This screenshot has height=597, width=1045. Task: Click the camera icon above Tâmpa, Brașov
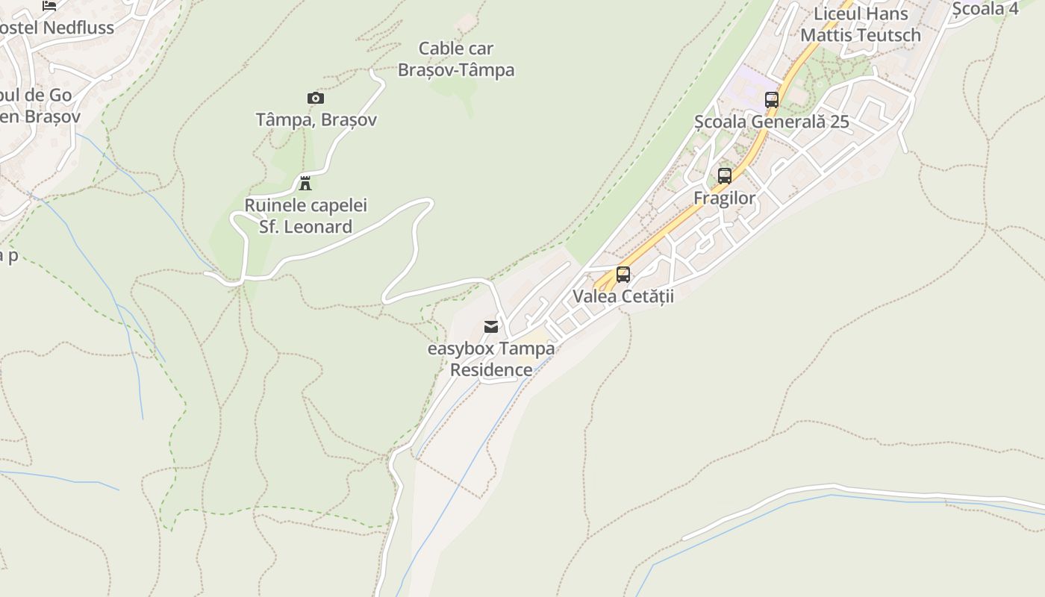coord(316,98)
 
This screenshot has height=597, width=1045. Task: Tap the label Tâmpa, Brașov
coord(316,119)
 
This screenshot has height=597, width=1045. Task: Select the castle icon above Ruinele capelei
coord(305,183)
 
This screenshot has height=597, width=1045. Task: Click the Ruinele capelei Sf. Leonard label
coord(306,216)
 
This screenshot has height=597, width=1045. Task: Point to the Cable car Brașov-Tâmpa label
coord(456,59)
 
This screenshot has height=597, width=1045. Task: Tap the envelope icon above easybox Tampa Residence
coord(491,327)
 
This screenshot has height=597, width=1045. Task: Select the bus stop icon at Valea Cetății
coord(623,274)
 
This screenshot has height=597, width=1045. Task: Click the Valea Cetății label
coord(623,296)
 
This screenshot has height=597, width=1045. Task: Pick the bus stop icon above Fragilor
coord(725,176)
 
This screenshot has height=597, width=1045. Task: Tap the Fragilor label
coord(725,198)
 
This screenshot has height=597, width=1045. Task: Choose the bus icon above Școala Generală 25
coord(772,99)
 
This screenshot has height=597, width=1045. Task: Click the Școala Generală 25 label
coord(772,121)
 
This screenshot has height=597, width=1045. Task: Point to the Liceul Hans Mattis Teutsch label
coord(861,24)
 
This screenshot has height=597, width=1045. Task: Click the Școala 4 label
coord(985,8)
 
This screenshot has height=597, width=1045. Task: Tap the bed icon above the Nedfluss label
coord(49,5)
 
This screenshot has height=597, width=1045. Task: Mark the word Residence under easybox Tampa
coord(491,369)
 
